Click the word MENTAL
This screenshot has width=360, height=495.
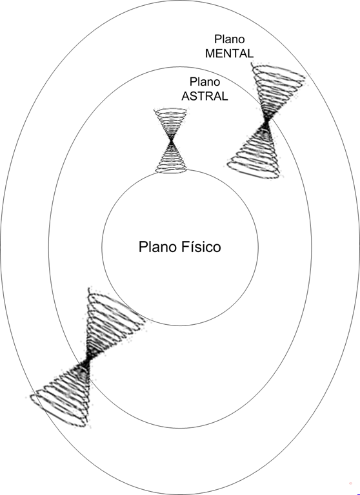[229, 53]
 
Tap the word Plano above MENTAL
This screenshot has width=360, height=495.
[230, 39]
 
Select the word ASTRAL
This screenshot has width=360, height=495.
[205, 96]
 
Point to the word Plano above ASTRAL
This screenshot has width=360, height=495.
[205, 82]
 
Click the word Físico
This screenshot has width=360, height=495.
[201, 247]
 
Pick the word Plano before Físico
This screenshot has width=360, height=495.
[158, 247]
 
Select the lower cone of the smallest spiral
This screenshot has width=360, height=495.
[171, 157]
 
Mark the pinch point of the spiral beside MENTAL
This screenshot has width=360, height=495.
[266, 121]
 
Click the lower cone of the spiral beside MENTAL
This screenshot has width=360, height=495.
[254, 151]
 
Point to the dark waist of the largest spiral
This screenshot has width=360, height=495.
[88, 360]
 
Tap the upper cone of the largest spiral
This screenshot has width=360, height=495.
[110, 323]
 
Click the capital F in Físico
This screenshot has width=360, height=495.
[185, 247]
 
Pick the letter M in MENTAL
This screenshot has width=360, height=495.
[210, 53]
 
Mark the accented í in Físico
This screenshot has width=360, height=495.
[191, 247]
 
